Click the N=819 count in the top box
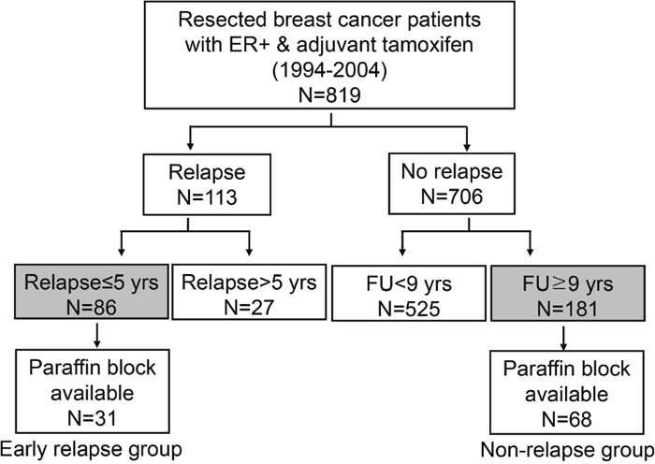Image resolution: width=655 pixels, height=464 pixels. [x=329, y=94]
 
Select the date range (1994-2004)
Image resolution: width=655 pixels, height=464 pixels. [x=329, y=70]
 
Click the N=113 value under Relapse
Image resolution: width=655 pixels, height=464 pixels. [x=207, y=196]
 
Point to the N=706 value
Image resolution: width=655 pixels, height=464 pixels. [x=452, y=196]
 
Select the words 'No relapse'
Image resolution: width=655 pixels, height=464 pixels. [x=452, y=171]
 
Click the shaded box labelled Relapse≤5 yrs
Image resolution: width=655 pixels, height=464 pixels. [x=92, y=292]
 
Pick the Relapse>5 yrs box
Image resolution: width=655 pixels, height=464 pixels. [x=249, y=292]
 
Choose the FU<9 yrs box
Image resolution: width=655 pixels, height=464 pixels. [x=409, y=293]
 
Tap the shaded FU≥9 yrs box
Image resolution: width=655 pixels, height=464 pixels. [x=567, y=293]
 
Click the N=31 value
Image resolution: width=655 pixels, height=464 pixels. [x=92, y=418]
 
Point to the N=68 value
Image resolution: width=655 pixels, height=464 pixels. [x=567, y=419]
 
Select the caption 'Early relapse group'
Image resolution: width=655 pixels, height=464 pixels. [x=91, y=450]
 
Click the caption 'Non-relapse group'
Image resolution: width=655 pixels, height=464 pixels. [x=567, y=450]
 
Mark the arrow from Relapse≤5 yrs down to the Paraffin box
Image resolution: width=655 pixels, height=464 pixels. [x=97, y=335]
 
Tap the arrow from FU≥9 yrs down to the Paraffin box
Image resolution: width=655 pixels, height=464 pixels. [x=563, y=338]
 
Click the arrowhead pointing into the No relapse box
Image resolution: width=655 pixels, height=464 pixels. [x=467, y=147]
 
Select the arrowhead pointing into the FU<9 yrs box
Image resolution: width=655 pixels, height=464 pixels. [x=402, y=252]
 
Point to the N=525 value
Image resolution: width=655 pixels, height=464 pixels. [x=409, y=309]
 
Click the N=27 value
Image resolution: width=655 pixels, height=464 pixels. [x=249, y=308]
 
